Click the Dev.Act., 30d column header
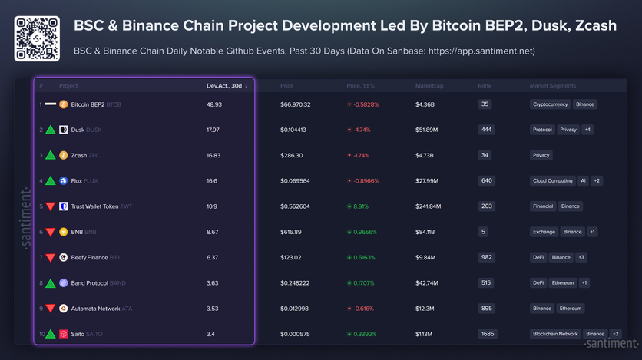click(223, 85)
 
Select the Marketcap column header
click(429, 85)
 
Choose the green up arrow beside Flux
click(50, 181)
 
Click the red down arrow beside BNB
click(50, 232)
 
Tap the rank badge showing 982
click(485, 257)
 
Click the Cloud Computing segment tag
click(553, 181)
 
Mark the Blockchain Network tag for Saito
click(555, 334)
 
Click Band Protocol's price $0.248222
click(296, 283)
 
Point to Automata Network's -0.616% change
click(362, 309)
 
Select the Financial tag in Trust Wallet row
click(543, 206)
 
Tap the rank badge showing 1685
click(487, 334)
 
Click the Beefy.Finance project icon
click(64, 257)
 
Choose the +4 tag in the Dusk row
click(587, 130)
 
